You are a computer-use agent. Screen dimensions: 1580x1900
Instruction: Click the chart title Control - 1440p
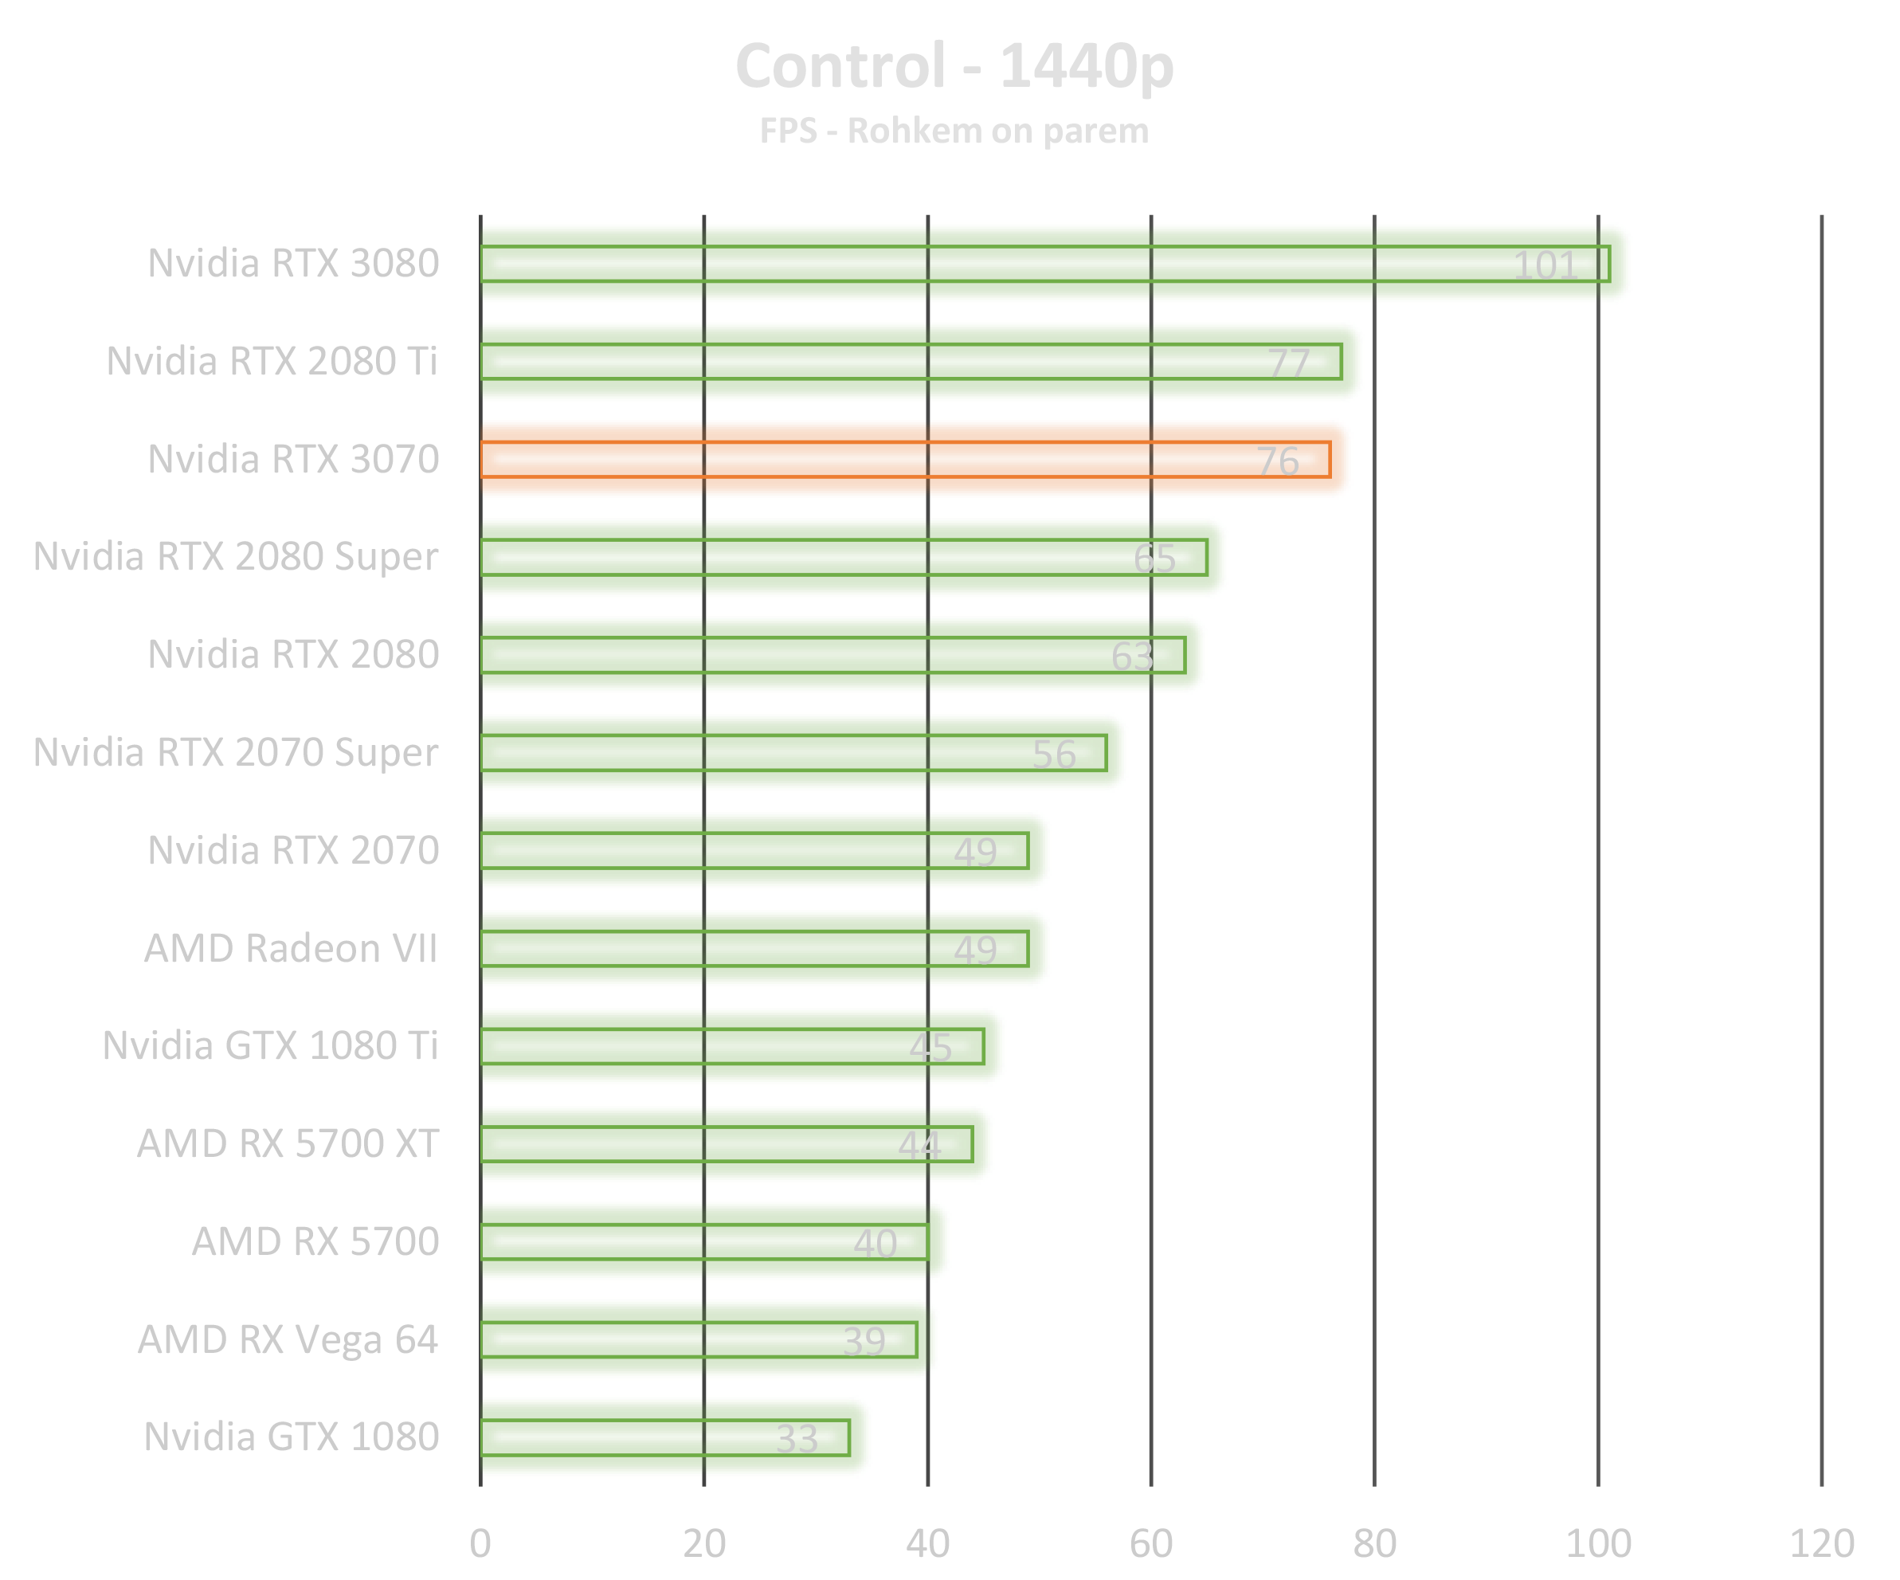(x=954, y=67)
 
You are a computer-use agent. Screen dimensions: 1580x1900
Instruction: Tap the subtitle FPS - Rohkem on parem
(x=954, y=131)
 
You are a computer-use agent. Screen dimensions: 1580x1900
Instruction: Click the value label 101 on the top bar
(x=1545, y=265)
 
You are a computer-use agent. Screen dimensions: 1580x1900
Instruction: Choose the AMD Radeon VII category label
(x=291, y=948)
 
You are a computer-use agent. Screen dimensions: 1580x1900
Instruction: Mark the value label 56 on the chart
(x=1054, y=755)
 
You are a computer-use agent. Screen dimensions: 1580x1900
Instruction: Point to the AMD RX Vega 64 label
(x=288, y=1340)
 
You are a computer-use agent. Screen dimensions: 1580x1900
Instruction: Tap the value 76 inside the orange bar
(x=1278, y=461)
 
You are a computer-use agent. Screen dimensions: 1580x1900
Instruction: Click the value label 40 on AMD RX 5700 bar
(x=875, y=1244)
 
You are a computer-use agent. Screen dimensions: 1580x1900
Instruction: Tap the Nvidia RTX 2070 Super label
(x=237, y=753)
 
